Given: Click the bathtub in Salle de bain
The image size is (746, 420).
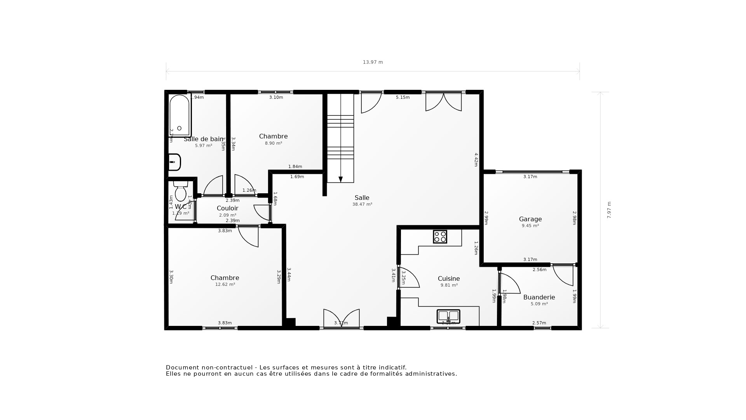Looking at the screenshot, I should (180, 115).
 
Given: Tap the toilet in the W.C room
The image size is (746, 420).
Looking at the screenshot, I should (181, 191).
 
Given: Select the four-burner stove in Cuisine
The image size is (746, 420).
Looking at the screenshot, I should (440, 236).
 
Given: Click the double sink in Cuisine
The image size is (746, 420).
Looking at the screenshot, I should (448, 316).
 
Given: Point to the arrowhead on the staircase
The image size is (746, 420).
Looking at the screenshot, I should (340, 179).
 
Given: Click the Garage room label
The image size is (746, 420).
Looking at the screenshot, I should (530, 219).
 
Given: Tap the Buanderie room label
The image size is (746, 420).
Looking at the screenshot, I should (539, 297).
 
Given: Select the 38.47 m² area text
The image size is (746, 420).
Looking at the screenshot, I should (362, 204).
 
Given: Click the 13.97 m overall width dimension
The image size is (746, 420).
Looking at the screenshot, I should (373, 62).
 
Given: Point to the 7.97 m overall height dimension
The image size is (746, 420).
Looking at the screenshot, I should (609, 210).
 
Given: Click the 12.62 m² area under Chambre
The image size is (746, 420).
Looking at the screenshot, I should (225, 284).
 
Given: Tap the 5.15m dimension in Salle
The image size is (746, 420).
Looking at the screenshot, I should (403, 98).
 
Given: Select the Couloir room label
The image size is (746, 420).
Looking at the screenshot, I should (227, 208).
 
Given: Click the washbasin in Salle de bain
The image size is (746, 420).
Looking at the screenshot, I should (174, 162).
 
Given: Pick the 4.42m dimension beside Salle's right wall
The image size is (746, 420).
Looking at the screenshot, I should (476, 159).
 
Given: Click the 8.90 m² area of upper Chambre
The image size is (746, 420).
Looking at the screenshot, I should (274, 143).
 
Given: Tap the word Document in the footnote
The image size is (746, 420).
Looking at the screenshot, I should (181, 367).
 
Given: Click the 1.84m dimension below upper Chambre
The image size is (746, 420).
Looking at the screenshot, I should (295, 166).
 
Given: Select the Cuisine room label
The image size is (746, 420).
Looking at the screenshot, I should (448, 278).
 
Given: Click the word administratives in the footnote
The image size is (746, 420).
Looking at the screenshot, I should (431, 374).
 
